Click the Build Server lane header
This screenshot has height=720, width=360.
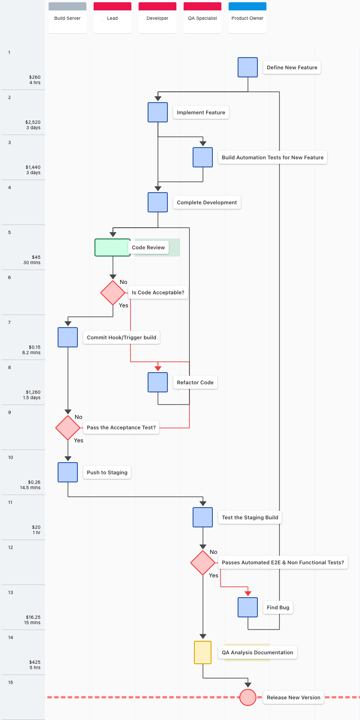(x=67, y=18)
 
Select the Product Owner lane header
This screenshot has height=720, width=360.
(x=247, y=18)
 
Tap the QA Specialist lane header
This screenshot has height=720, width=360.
(x=202, y=18)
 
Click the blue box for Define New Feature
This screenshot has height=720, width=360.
(x=248, y=67)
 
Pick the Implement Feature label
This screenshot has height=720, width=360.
(x=201, y=112)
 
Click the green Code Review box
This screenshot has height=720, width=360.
(x=112, y=247)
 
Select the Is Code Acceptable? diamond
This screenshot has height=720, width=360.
(x=113, y=292)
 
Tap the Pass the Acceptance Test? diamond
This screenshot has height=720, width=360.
(x=68, y=427)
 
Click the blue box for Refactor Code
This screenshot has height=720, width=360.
(x=158, y=382)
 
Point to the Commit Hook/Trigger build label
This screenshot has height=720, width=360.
(x=121, y=337)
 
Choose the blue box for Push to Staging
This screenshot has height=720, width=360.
(x=68, y=472)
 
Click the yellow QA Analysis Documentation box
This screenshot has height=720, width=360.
(x=203, y=652)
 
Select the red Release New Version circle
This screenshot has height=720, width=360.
(x=248, y=697)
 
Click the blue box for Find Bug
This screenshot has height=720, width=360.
(x=248, y=607)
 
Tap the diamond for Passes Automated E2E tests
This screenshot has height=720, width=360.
(x=203, y=562)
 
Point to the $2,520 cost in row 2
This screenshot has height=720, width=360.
(x=33, y=122)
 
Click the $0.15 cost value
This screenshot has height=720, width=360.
(x=34, y=347)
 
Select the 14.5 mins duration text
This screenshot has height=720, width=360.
(x=30, y=488)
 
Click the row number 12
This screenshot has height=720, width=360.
(x=11, y=547)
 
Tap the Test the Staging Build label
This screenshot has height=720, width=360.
(x=250, y=517)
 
